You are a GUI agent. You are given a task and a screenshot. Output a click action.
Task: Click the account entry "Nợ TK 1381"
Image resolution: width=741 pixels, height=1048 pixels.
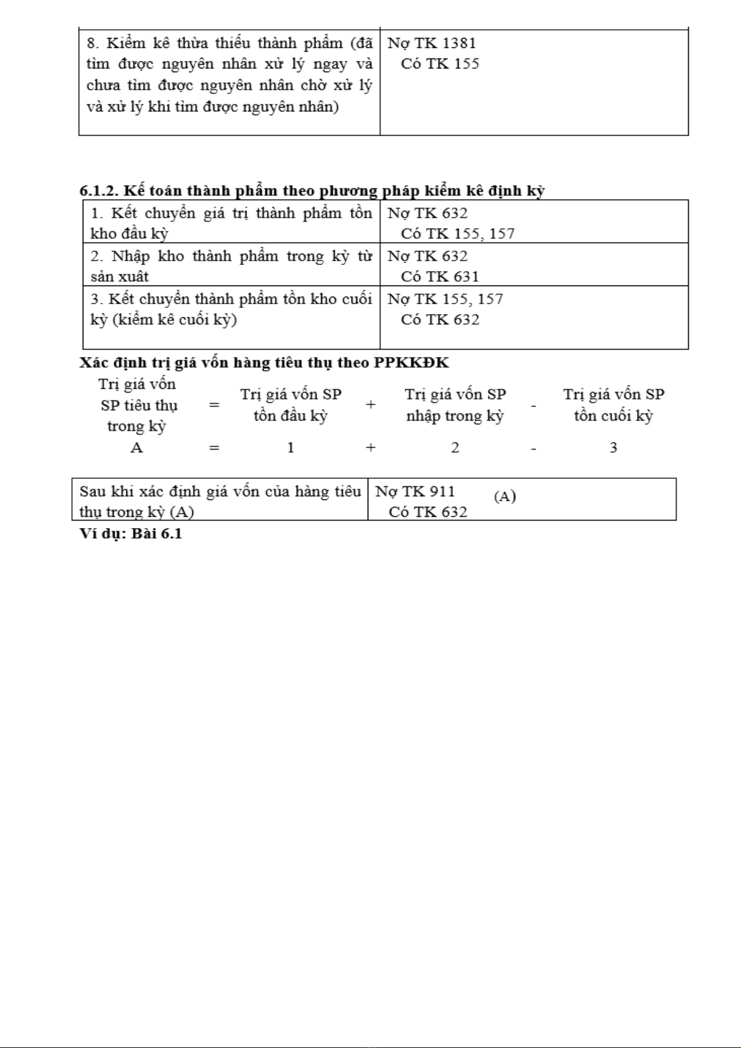coord(431,44)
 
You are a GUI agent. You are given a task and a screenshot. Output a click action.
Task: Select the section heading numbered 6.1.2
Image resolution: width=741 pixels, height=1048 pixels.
coord(312,190)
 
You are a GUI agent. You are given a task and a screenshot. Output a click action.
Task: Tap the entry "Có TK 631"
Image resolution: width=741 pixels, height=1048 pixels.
coord(440,276)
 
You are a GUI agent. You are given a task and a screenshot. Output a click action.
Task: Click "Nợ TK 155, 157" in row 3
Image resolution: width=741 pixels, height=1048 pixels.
coord(445,299)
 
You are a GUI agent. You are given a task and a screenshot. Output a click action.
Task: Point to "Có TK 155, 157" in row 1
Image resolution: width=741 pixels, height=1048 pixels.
coord(457,234)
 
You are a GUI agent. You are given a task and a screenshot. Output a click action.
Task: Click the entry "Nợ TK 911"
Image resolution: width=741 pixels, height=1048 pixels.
coord(415,491)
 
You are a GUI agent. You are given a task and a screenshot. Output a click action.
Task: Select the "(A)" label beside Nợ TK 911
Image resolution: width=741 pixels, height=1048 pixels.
coord(505,496)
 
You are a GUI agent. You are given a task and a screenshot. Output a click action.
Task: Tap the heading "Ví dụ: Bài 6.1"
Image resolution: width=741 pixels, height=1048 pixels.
coord(131,534)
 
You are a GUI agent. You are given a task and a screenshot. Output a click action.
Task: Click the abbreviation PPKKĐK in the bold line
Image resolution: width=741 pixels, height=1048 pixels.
coord(411,363)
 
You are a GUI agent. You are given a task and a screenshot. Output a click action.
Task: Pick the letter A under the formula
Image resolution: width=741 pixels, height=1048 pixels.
coord(136,448)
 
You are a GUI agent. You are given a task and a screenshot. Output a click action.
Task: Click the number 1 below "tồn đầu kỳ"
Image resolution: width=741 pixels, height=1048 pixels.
coord(291,448)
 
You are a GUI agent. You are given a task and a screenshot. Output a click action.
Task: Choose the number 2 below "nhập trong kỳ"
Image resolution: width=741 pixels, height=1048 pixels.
coord(455,448)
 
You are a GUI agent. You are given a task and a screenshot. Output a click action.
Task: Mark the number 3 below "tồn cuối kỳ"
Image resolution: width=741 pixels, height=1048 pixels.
coord(613,448)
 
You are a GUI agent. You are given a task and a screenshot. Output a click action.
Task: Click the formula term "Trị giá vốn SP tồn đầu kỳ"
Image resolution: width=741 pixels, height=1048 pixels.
coord(291,405)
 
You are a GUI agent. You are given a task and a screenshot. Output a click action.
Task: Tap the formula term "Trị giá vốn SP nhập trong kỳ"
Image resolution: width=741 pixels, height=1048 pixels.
coord(455,405)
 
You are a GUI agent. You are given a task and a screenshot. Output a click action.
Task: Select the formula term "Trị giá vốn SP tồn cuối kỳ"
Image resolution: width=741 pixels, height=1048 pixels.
coord(613,405)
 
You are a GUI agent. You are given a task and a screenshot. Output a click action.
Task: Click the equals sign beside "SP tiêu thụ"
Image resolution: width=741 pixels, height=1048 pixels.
coord(214,406)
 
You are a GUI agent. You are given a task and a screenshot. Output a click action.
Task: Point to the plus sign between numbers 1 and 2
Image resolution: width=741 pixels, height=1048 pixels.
coord(371,448)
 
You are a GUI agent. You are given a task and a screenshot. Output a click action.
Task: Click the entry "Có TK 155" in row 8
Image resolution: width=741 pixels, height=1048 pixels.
coord(440,64)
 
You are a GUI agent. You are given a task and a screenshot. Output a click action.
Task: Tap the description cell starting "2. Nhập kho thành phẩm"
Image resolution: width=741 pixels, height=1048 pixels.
coord(231,266)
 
